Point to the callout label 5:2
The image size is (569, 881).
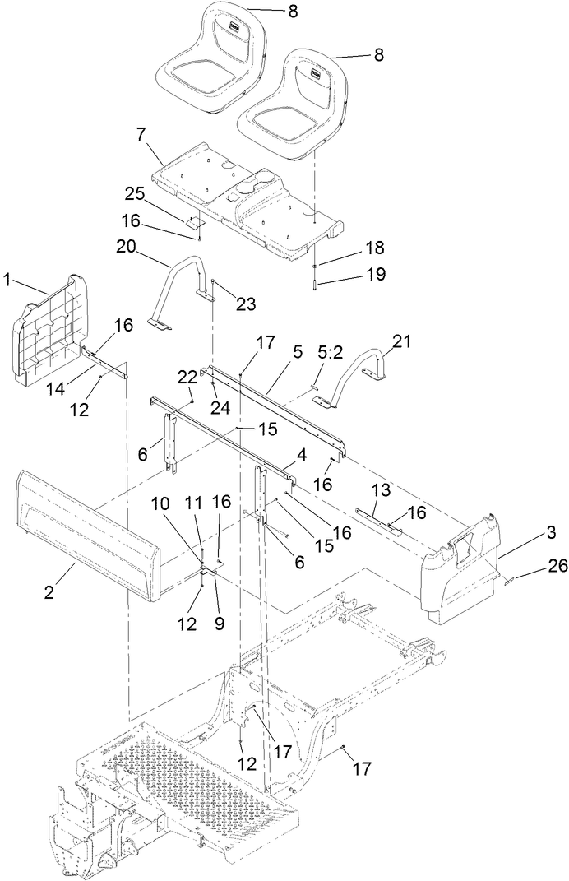(x=331, y=353)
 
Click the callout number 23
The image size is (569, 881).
(x=246, y=304)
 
